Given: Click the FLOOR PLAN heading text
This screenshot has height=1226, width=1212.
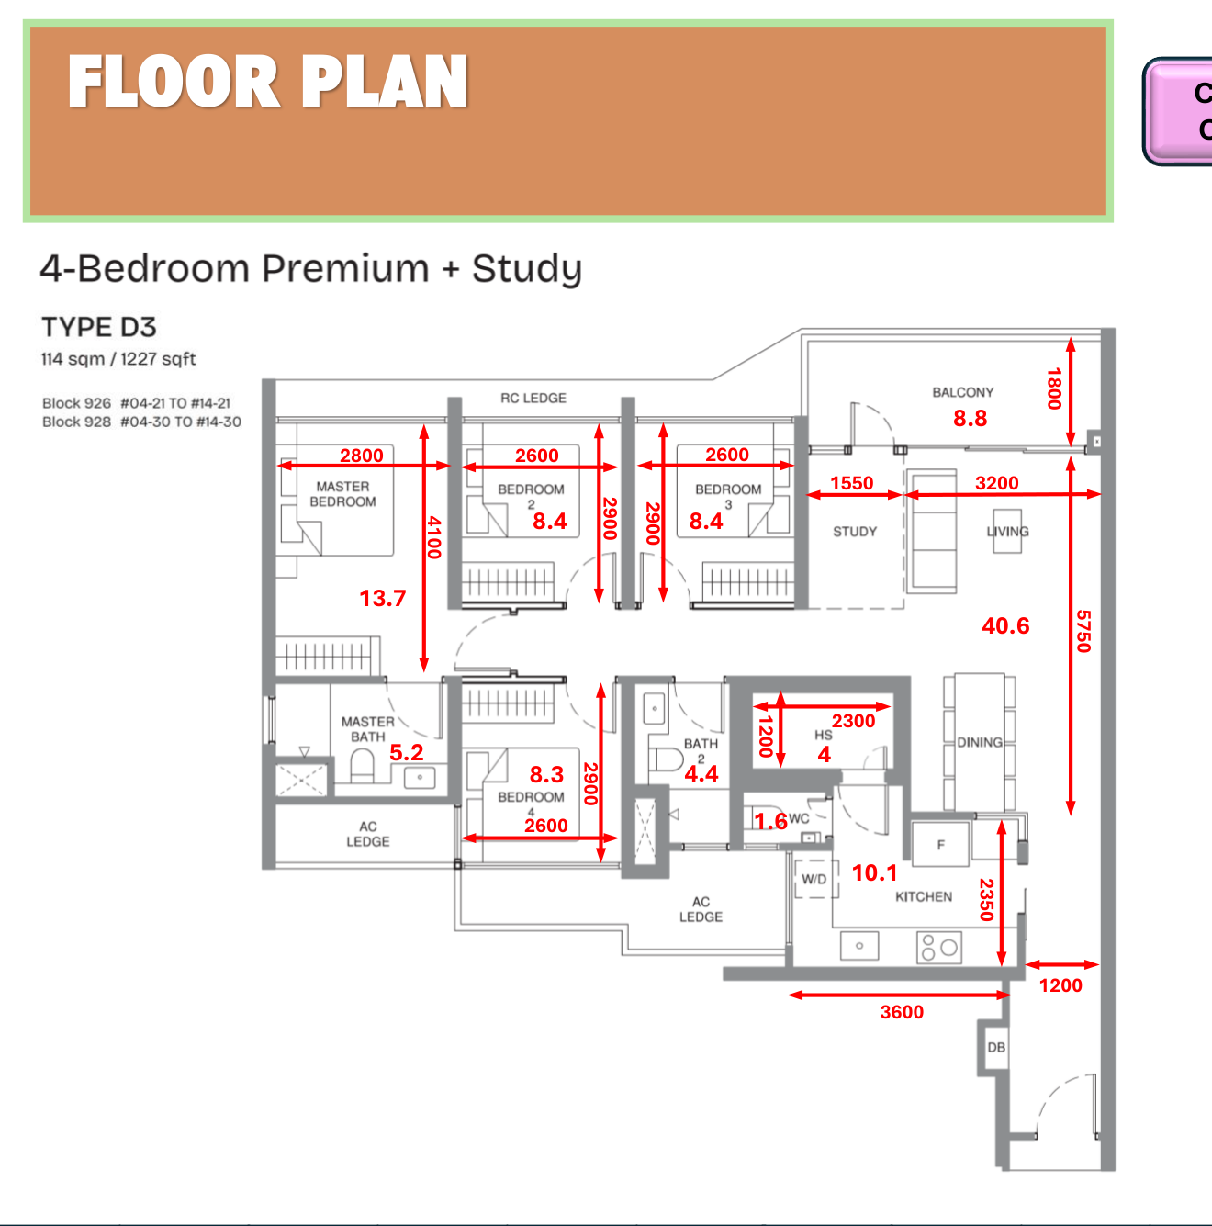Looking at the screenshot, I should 267,82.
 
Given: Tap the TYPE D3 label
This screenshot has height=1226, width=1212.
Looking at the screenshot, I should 99,327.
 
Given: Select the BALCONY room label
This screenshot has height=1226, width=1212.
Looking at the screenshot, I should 962,392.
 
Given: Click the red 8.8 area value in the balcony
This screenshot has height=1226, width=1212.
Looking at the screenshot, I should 970,419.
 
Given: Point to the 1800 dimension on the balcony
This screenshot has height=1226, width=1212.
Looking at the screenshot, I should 1053,388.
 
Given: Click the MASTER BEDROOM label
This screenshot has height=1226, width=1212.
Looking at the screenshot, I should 342,494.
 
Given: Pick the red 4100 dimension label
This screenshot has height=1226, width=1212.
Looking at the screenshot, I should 434,537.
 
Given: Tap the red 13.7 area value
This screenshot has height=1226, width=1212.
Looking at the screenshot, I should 382,599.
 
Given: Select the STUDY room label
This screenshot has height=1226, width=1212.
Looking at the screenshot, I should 854,532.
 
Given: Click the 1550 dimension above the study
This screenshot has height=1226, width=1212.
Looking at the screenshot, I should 851,483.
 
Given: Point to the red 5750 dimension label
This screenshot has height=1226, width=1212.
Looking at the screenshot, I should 1083,631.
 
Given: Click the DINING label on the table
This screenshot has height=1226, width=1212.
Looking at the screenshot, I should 979,742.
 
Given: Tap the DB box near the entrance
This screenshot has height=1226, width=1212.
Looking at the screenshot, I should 996,1047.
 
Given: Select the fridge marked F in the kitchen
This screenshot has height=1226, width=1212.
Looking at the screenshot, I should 940,845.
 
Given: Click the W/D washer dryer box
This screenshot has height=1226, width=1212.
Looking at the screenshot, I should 814,879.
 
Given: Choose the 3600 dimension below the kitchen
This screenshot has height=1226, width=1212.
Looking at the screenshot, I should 902,1012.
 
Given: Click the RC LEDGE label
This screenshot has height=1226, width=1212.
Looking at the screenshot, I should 533,398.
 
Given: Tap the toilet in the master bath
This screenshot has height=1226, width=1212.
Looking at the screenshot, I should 362,766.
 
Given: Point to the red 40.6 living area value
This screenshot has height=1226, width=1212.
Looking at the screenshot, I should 1005,626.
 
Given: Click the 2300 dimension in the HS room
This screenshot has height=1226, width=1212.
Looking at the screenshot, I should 853,721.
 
